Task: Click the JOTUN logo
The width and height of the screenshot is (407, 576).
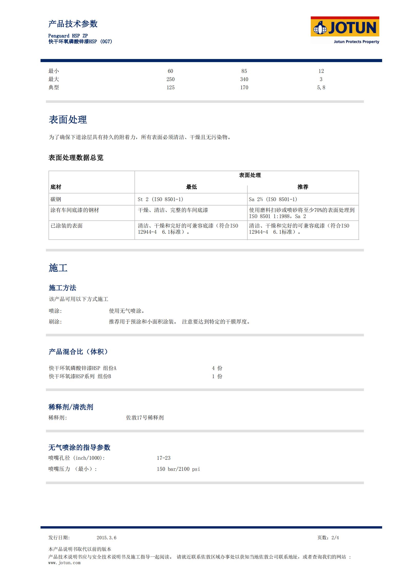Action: click(345, 30)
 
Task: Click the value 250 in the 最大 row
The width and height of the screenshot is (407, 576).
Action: click(170, 79)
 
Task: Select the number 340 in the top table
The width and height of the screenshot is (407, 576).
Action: click(244, 79)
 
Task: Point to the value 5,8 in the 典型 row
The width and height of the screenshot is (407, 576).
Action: click(321, 87)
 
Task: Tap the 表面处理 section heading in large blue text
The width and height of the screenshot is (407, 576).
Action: click(68, 120)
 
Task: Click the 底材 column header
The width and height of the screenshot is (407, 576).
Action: click(56, 187)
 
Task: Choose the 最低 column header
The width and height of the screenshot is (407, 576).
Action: click(191, 187)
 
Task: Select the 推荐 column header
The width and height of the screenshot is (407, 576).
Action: click(303, 187)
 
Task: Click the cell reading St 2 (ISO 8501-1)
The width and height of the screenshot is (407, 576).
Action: click(160, 199)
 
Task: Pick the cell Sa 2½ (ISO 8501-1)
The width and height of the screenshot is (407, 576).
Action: click(273, 199)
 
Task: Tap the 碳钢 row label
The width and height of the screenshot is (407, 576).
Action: click(56, 199)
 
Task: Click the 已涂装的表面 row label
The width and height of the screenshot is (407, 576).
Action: click(66, 226)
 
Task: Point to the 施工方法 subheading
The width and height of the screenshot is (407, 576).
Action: click(62, 288)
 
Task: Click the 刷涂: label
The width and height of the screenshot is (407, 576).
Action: click(55, 322)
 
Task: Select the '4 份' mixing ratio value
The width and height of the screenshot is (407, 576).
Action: click(217, 368)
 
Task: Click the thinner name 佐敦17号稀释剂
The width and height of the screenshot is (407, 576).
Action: click(145, 418)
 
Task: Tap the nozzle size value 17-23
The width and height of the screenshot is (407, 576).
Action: click(163, 458)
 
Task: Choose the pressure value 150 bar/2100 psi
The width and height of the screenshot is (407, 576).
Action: click(178, 469)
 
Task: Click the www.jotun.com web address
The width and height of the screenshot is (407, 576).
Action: click(64, 563)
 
